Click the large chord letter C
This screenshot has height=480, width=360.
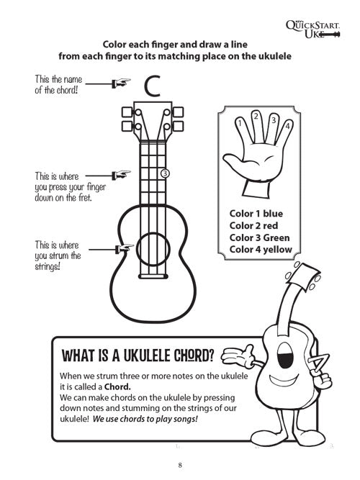(x=151, y=86)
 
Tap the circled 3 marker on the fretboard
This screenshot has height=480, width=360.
(x=165, y=173)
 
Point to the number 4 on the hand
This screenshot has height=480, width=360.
(x=287, y=127)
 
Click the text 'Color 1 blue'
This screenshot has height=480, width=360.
(x=256, y=213)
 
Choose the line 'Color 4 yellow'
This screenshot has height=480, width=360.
(x=261, y=250)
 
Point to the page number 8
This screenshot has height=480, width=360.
(x=180, y=464)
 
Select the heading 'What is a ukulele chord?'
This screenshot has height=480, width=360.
(x=138, y=355)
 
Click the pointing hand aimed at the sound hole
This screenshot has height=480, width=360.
(x=124, y=250)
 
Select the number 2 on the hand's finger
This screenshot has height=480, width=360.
(x=255, y=114)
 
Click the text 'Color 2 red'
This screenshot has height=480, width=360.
(x=255, y=225)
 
